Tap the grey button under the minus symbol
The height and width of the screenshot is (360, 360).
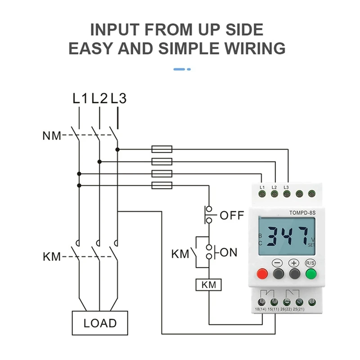[278, 274]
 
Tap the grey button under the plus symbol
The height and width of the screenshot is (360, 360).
[294, 274]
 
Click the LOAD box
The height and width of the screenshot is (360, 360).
[100, 323]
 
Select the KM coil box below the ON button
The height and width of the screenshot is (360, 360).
[208, 284]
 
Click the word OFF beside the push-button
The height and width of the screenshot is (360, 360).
[232, 215]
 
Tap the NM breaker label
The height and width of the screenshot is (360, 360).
[52, 135]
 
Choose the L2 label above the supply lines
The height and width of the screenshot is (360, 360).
[99, 98]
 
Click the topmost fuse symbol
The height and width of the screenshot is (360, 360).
[162, 148]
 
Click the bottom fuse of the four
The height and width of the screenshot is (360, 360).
[162, 185]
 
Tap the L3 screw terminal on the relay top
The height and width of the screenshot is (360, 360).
[286, 194]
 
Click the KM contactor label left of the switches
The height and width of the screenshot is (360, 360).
[52, 257]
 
